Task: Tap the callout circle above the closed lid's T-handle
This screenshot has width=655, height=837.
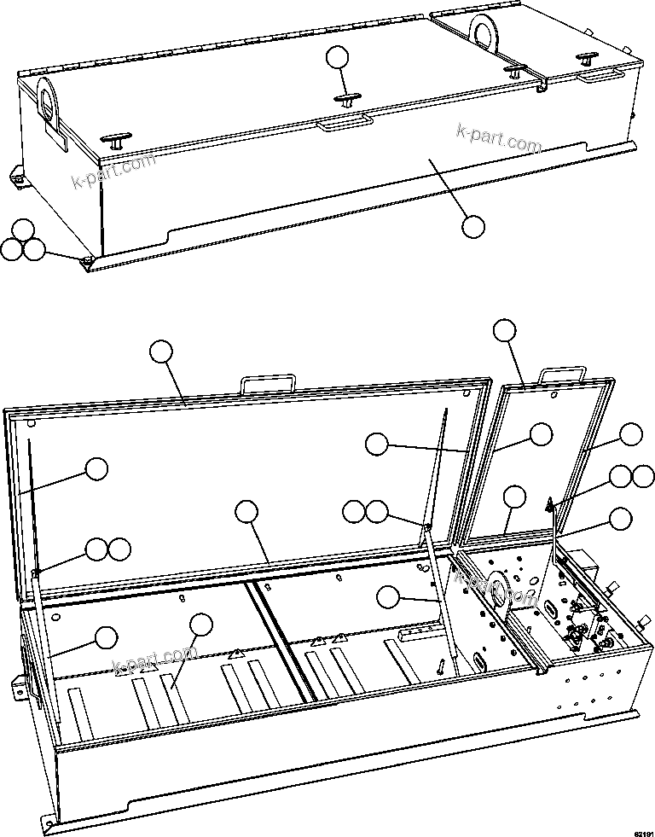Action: coord(338,57)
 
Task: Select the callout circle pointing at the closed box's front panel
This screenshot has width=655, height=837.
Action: coord(472,226)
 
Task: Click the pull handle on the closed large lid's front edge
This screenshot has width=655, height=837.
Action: coord(345,125)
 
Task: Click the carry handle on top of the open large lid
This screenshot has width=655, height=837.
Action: coord(269,383)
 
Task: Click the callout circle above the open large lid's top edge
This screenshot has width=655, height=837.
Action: coord(161,352)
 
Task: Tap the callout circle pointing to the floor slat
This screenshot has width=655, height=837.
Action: coord(201,625)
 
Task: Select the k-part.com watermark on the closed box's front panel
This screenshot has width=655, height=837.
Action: coord(499,138)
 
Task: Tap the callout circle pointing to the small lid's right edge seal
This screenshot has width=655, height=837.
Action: coord(631,433)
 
